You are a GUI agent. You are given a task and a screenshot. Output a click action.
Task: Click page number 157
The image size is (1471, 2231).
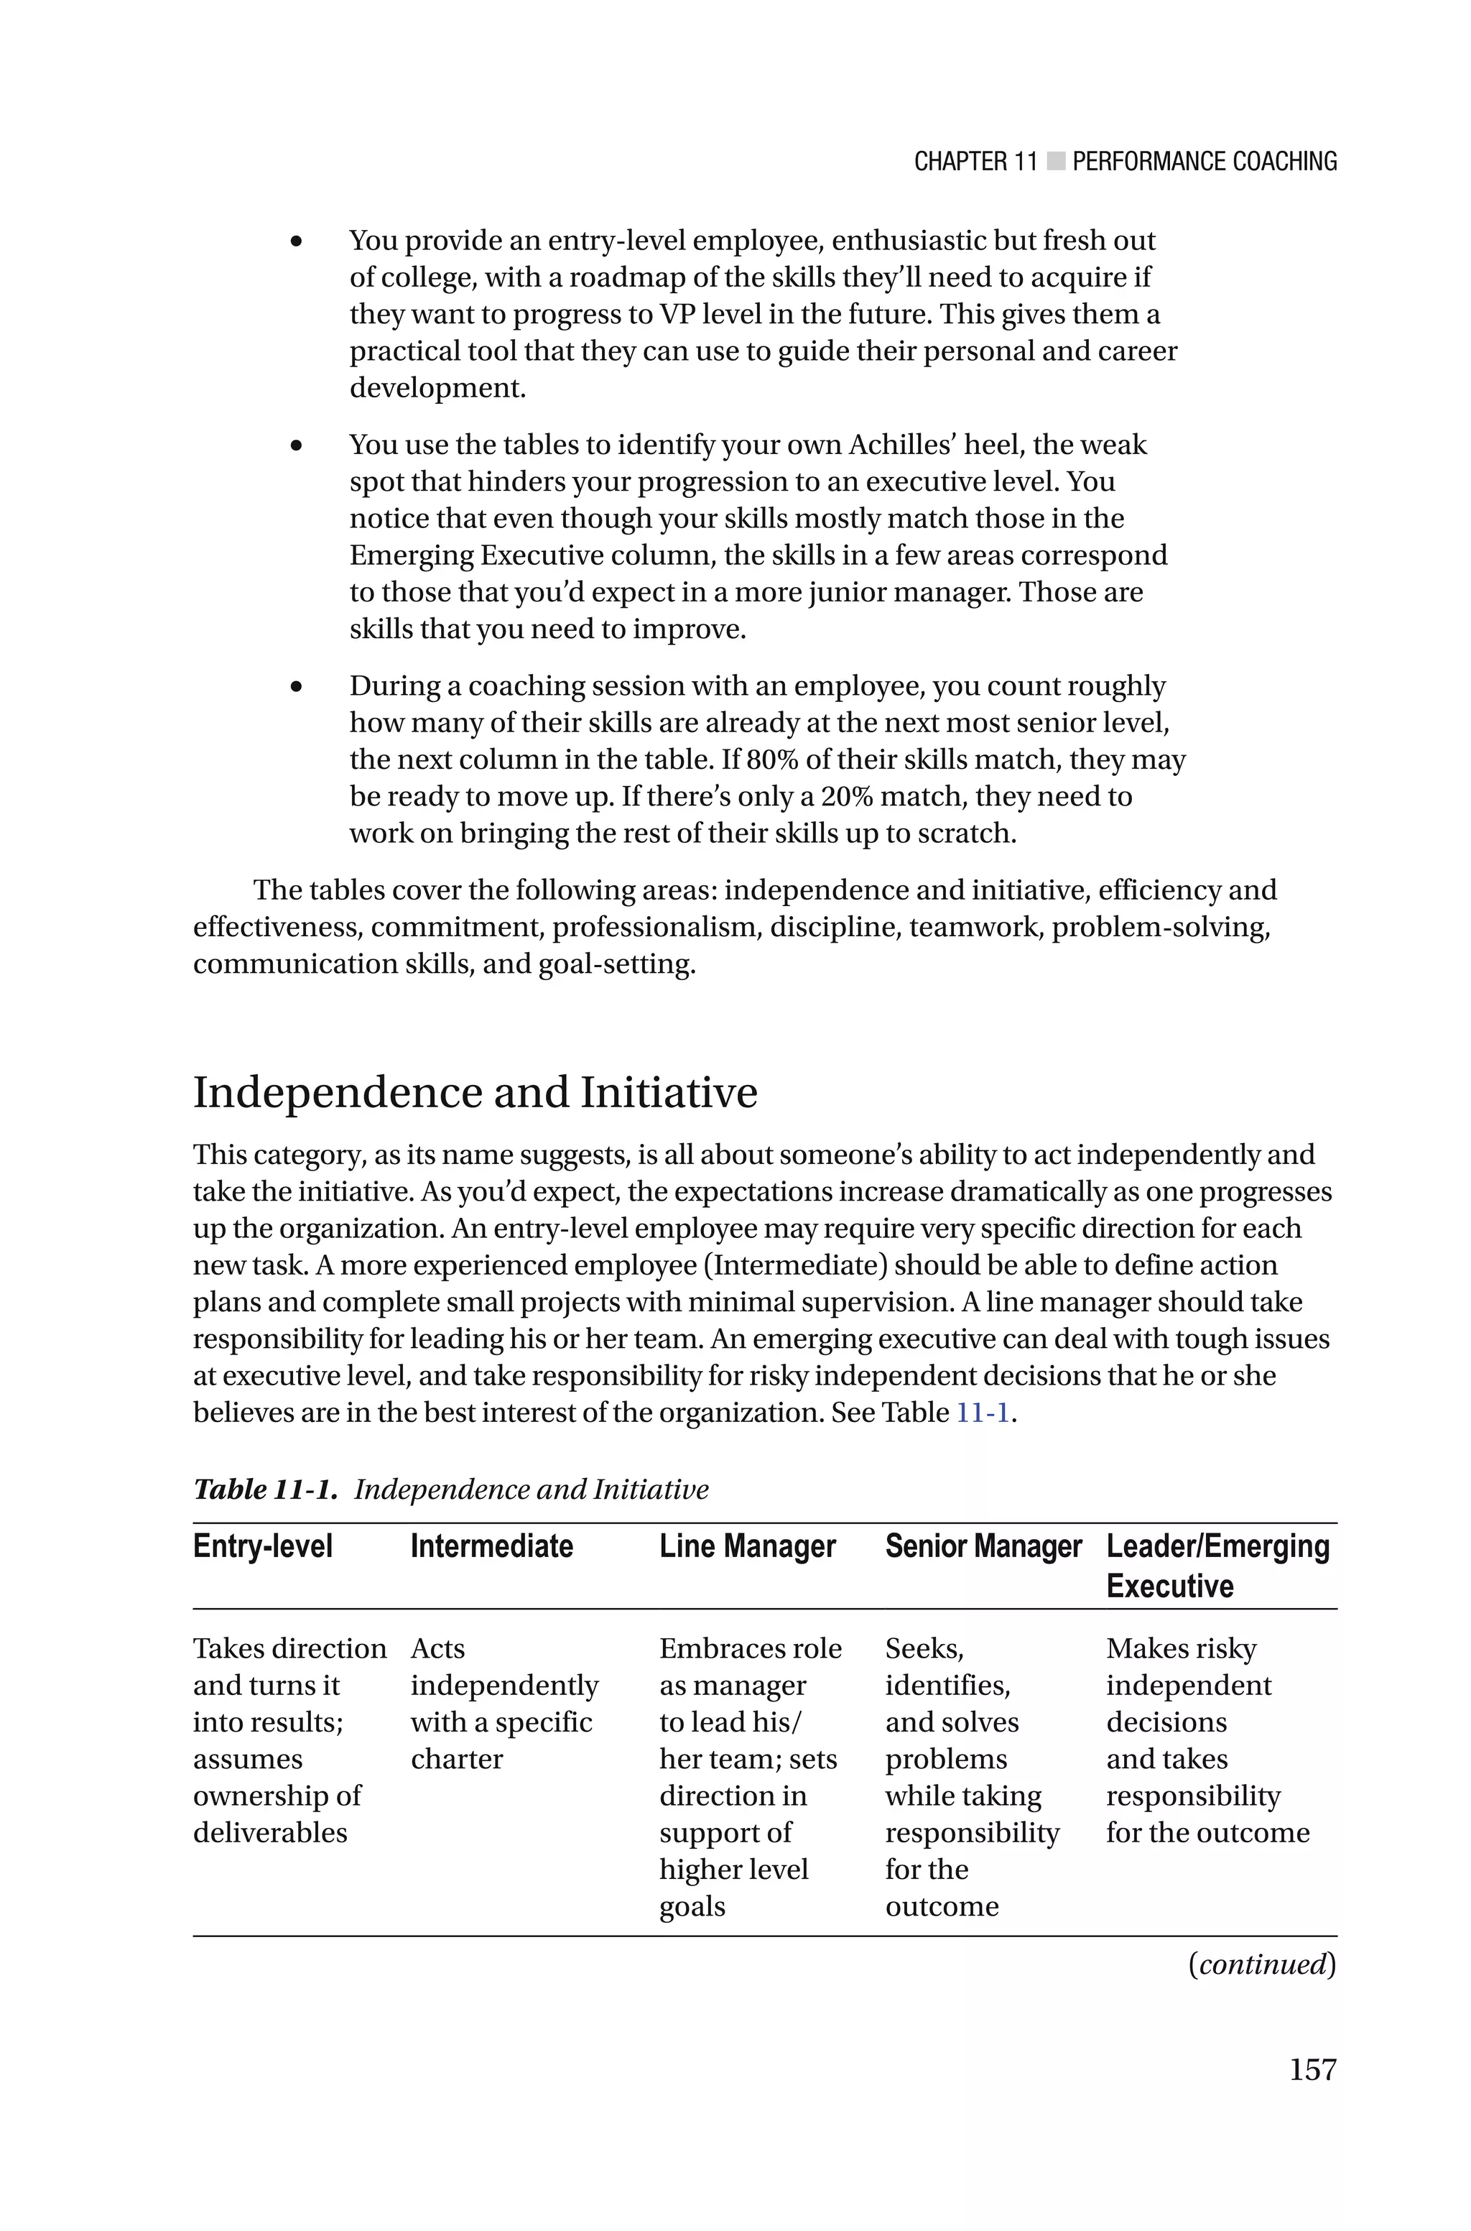tap(1312, 2069)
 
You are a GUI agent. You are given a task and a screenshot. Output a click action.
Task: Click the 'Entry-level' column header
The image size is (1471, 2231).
tap(263, 1546)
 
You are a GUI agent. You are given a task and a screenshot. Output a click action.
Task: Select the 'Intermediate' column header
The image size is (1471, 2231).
tap(491, 1546)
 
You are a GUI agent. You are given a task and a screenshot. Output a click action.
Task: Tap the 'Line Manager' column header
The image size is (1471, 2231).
tap(747, 1546)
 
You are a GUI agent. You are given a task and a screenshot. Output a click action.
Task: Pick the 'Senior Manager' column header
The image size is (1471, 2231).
tap(983, 1546)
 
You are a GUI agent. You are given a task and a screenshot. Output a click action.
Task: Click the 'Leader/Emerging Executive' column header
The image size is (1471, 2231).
tap(1217, 1565)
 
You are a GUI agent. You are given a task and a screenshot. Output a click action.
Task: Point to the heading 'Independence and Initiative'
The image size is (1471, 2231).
tap(475, 1093)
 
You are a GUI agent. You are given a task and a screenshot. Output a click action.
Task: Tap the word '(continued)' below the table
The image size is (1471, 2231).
tap(1262, 1964)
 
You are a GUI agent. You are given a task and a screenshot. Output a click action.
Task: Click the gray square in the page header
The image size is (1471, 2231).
tap(1055, 162)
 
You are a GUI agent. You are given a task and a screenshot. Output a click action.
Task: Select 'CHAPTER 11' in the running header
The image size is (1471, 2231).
tap(975, 162)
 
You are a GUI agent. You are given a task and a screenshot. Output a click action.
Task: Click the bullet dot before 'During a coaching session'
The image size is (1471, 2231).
tap(297, 688)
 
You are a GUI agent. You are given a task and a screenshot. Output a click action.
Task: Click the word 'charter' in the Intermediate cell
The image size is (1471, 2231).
tap(456, 1758)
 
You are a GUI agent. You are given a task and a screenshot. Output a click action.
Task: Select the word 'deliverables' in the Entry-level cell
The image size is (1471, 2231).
tap(270, 1832)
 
